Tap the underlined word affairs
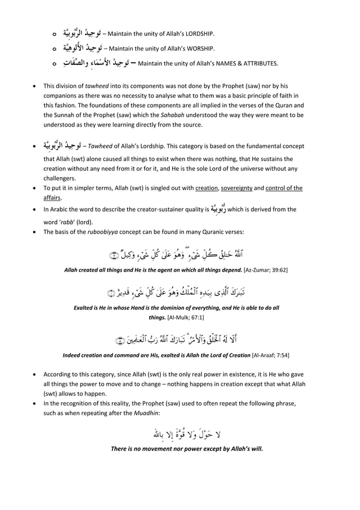tap(52, 198)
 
